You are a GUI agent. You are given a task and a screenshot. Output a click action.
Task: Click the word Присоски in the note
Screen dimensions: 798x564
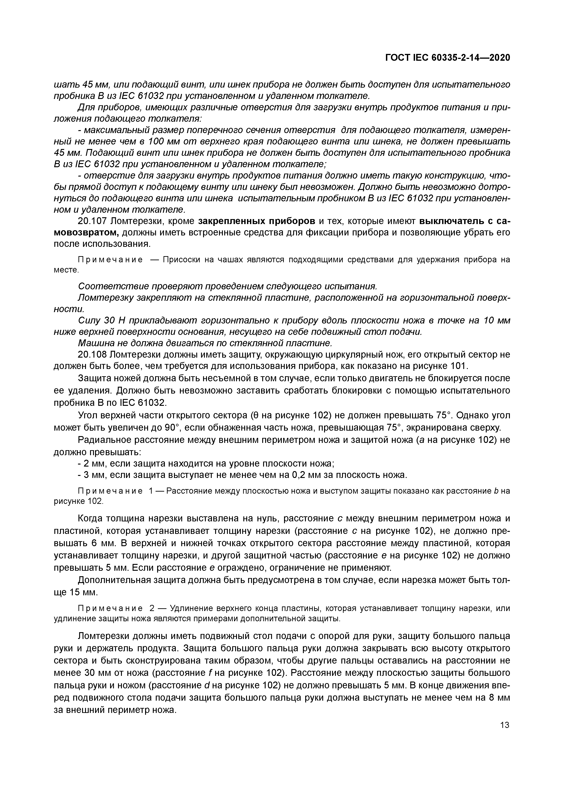point(181,260)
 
